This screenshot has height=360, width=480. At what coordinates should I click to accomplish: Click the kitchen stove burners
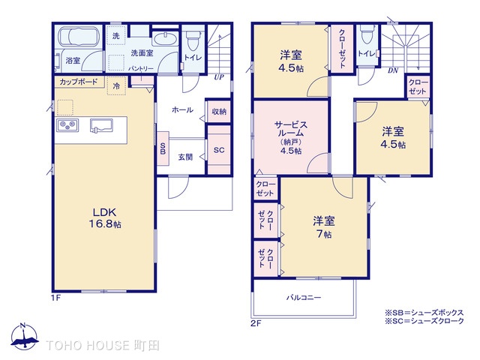[65, 124]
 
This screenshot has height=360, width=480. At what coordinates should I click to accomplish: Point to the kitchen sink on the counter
[102, 124]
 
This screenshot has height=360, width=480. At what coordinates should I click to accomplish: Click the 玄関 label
[185, 157]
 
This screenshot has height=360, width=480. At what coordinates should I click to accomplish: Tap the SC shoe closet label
[219, 150]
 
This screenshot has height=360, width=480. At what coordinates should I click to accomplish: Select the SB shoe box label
[163, 148]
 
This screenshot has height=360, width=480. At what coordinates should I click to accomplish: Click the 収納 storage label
[219, 111]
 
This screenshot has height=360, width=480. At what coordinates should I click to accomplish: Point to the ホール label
[182, 110]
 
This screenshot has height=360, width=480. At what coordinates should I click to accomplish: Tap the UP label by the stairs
[219, 77]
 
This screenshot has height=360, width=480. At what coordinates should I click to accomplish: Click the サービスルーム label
[290, 133]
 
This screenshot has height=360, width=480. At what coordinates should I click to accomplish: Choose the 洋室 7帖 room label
[324, 226]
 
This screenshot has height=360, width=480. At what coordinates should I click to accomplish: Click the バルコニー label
[303, 298]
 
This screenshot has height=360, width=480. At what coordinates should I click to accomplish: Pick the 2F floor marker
[256, 324]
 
